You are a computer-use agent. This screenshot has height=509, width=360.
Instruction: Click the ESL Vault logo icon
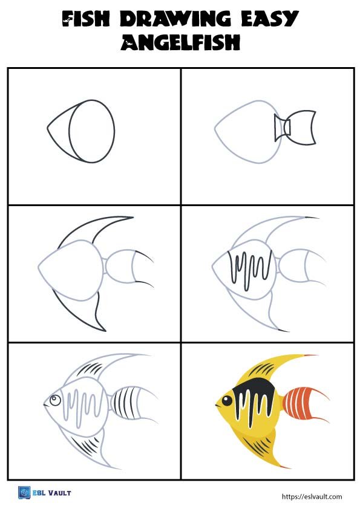[24, 493]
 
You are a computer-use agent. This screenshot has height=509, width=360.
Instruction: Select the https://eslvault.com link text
[312, 496]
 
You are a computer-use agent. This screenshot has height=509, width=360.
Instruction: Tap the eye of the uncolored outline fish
[55, 400]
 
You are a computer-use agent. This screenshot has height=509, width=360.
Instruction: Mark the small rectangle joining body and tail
[282, 128]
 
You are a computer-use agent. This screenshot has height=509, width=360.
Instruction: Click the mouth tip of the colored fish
[217, 404]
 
